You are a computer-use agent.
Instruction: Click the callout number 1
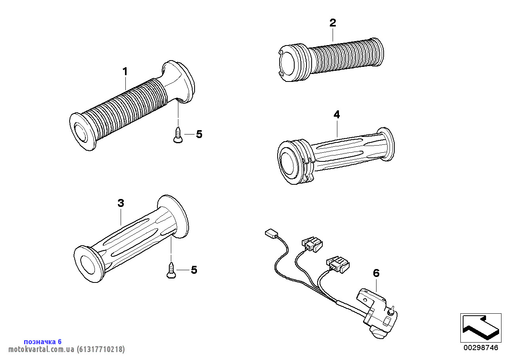125,72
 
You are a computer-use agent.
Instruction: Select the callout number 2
333,23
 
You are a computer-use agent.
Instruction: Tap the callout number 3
121,203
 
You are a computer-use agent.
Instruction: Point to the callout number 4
337,115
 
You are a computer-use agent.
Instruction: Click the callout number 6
376,273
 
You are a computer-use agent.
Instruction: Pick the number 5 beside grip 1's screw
199,135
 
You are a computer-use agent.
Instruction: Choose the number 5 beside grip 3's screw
194,270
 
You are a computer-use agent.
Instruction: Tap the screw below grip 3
171,271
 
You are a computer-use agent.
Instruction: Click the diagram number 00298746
481,348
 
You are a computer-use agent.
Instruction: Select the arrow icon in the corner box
481,327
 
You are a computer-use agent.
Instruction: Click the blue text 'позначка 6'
43,341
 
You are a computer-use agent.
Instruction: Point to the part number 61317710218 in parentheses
101,349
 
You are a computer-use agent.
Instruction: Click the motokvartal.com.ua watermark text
42,349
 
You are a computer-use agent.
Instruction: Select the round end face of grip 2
288,64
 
